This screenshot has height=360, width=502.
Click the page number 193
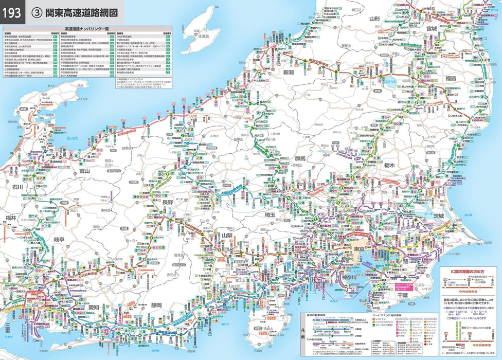pyautogui.click(x=12, y=11)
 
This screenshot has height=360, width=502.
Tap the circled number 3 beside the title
pyautogui.click(x=37, y=11)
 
